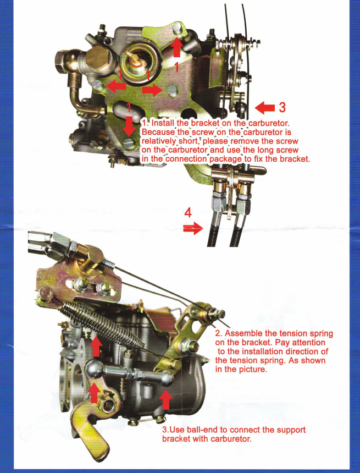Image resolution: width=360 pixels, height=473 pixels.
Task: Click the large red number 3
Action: pos(282,107)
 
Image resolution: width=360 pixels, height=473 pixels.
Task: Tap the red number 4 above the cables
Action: pos(188,213)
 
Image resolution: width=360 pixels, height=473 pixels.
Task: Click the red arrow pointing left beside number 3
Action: pos(265,108)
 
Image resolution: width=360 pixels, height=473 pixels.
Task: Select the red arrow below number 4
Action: pos(193,228)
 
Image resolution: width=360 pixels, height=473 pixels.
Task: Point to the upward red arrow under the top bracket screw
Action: pos(176,47)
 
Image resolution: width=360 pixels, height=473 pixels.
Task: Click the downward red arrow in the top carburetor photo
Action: pos(129,125)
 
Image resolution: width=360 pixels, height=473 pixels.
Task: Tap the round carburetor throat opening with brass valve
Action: pos(138,61)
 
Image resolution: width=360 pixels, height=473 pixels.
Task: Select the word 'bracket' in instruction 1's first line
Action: pos(205,123)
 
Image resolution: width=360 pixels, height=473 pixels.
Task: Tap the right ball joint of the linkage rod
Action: pos(167,378)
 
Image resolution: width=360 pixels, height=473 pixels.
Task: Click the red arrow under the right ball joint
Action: pos(165,399)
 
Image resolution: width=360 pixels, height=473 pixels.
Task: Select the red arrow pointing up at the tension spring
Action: pos(96,347)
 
